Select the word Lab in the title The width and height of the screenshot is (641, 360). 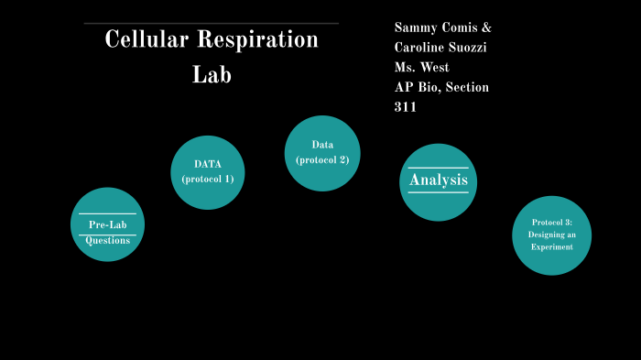(x=212, y=75)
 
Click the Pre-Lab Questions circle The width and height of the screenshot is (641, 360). (x=107, y=224)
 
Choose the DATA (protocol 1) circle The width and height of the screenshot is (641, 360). (x=208, y=172)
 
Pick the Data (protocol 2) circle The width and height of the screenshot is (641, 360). (x=322, y=153)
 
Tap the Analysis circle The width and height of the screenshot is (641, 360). (x=439, y=181)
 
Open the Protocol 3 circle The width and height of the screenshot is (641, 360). (x=551, y=235)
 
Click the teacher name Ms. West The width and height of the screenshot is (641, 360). (x=421, y=68)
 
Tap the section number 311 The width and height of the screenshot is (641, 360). (x=406, y=107)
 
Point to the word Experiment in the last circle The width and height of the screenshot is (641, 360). (x=551, y=247)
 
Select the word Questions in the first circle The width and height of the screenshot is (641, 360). (x=107, y=240)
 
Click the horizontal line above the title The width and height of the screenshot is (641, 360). (x=211, y=23)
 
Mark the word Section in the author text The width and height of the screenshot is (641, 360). (x=468, y=87)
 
